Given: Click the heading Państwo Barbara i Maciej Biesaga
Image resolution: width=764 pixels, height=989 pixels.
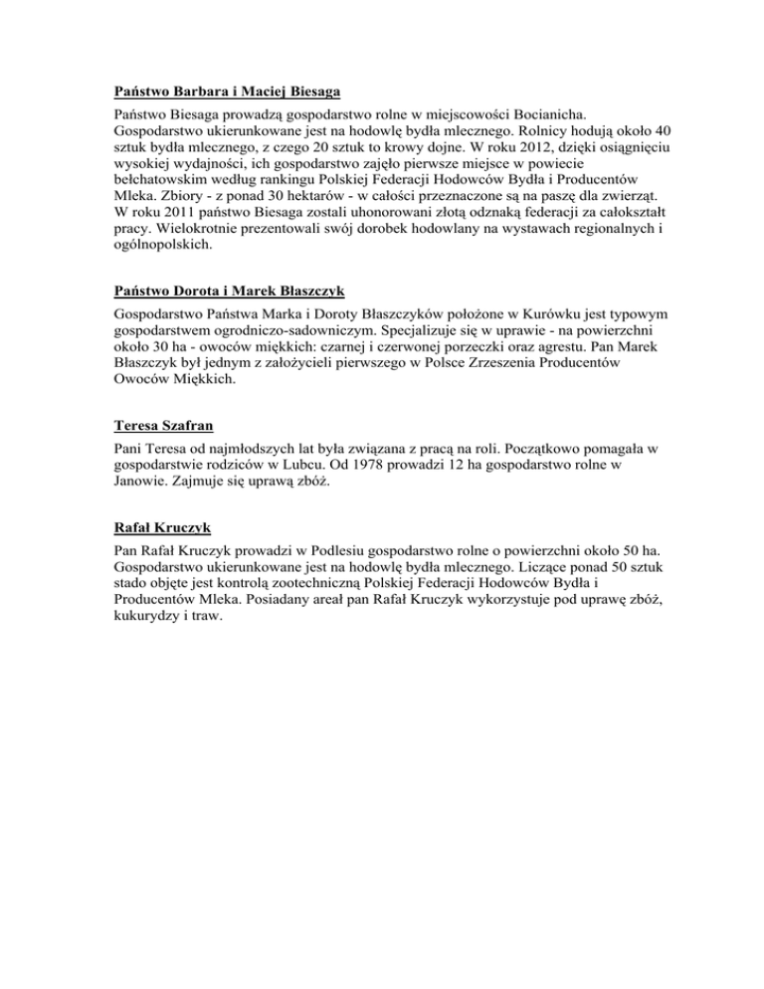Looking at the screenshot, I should pos(228,92).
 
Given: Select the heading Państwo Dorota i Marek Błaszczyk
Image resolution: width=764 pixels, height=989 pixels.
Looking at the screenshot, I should pos(229,291).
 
